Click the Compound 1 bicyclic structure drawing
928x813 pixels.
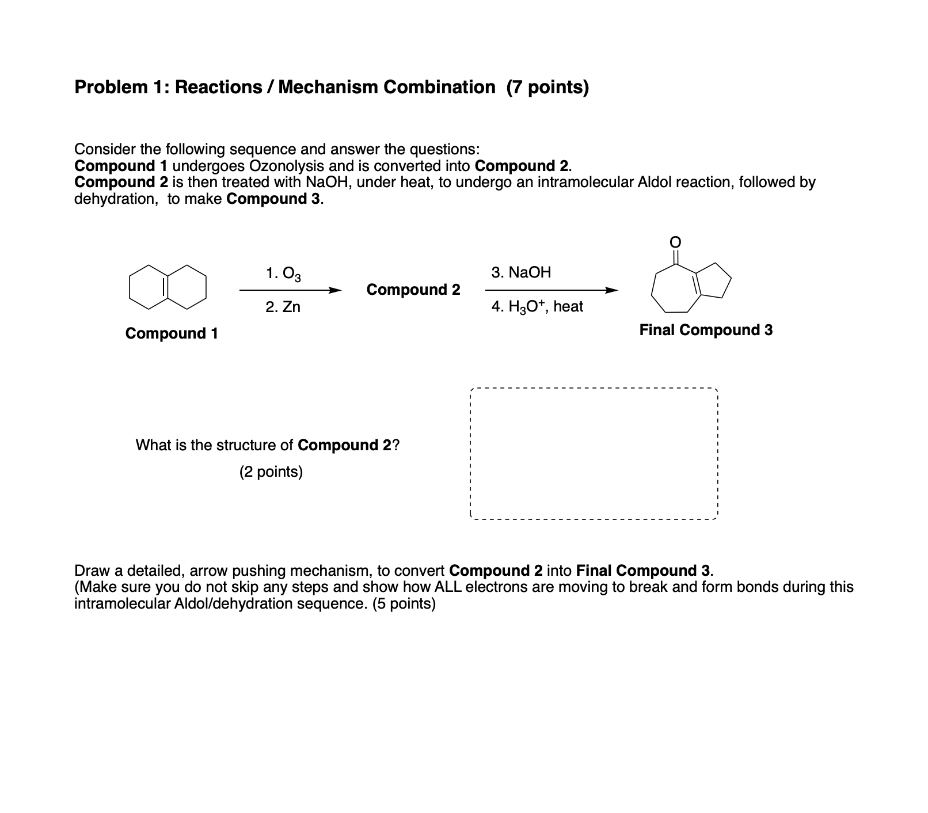[168, 287]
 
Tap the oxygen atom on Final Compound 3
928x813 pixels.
[676, 240]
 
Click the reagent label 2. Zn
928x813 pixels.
[283, 307]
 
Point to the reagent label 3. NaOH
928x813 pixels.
[521, 272]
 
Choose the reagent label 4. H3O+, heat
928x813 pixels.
[537, 307]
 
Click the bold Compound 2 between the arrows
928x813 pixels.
[413, 290]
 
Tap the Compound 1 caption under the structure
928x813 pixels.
[172, 333]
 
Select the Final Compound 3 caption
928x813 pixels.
[706, 330]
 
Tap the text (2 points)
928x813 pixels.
[271, 472]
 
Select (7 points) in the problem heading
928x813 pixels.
[547, 88]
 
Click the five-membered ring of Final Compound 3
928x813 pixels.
[713, 281]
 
